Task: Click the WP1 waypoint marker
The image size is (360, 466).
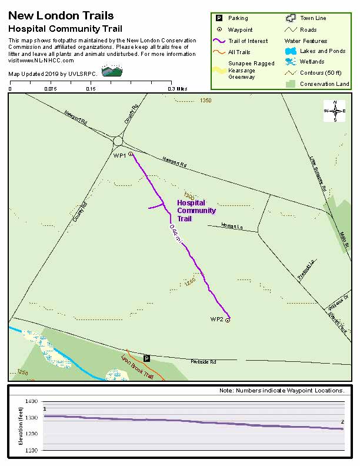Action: (131, 154)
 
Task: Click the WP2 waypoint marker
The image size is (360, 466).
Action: (228, 321)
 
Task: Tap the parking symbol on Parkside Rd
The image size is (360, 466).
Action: (147, 358)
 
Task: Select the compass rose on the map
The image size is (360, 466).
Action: (335, 111)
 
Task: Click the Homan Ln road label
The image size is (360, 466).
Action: (232, 226)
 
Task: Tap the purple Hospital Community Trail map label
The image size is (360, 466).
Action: (196, 211)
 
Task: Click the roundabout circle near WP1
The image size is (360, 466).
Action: (118, 141)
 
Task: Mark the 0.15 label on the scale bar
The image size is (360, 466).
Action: (91, 89)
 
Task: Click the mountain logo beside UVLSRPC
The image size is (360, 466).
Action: (112, 71)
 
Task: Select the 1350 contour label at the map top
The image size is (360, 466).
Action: (205, 101)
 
